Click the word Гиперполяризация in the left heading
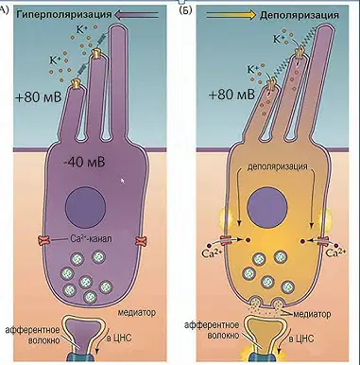(64, 15)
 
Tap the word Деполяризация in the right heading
(299, 15)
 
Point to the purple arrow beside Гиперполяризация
(136, 14)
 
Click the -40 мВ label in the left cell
(84, 163)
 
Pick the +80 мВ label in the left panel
(38, 97)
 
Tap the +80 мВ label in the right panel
(231, 94)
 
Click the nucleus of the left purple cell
(85, 207)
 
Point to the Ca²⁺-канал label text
(91, 239)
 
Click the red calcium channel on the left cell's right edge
(140, 242)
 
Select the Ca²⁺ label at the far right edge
(336, 252)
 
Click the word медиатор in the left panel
(137, 313)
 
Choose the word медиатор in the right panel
(312, 314)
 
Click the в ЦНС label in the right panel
(301, 339)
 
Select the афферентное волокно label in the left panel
(33, 335)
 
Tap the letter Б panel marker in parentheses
(185, 10)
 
